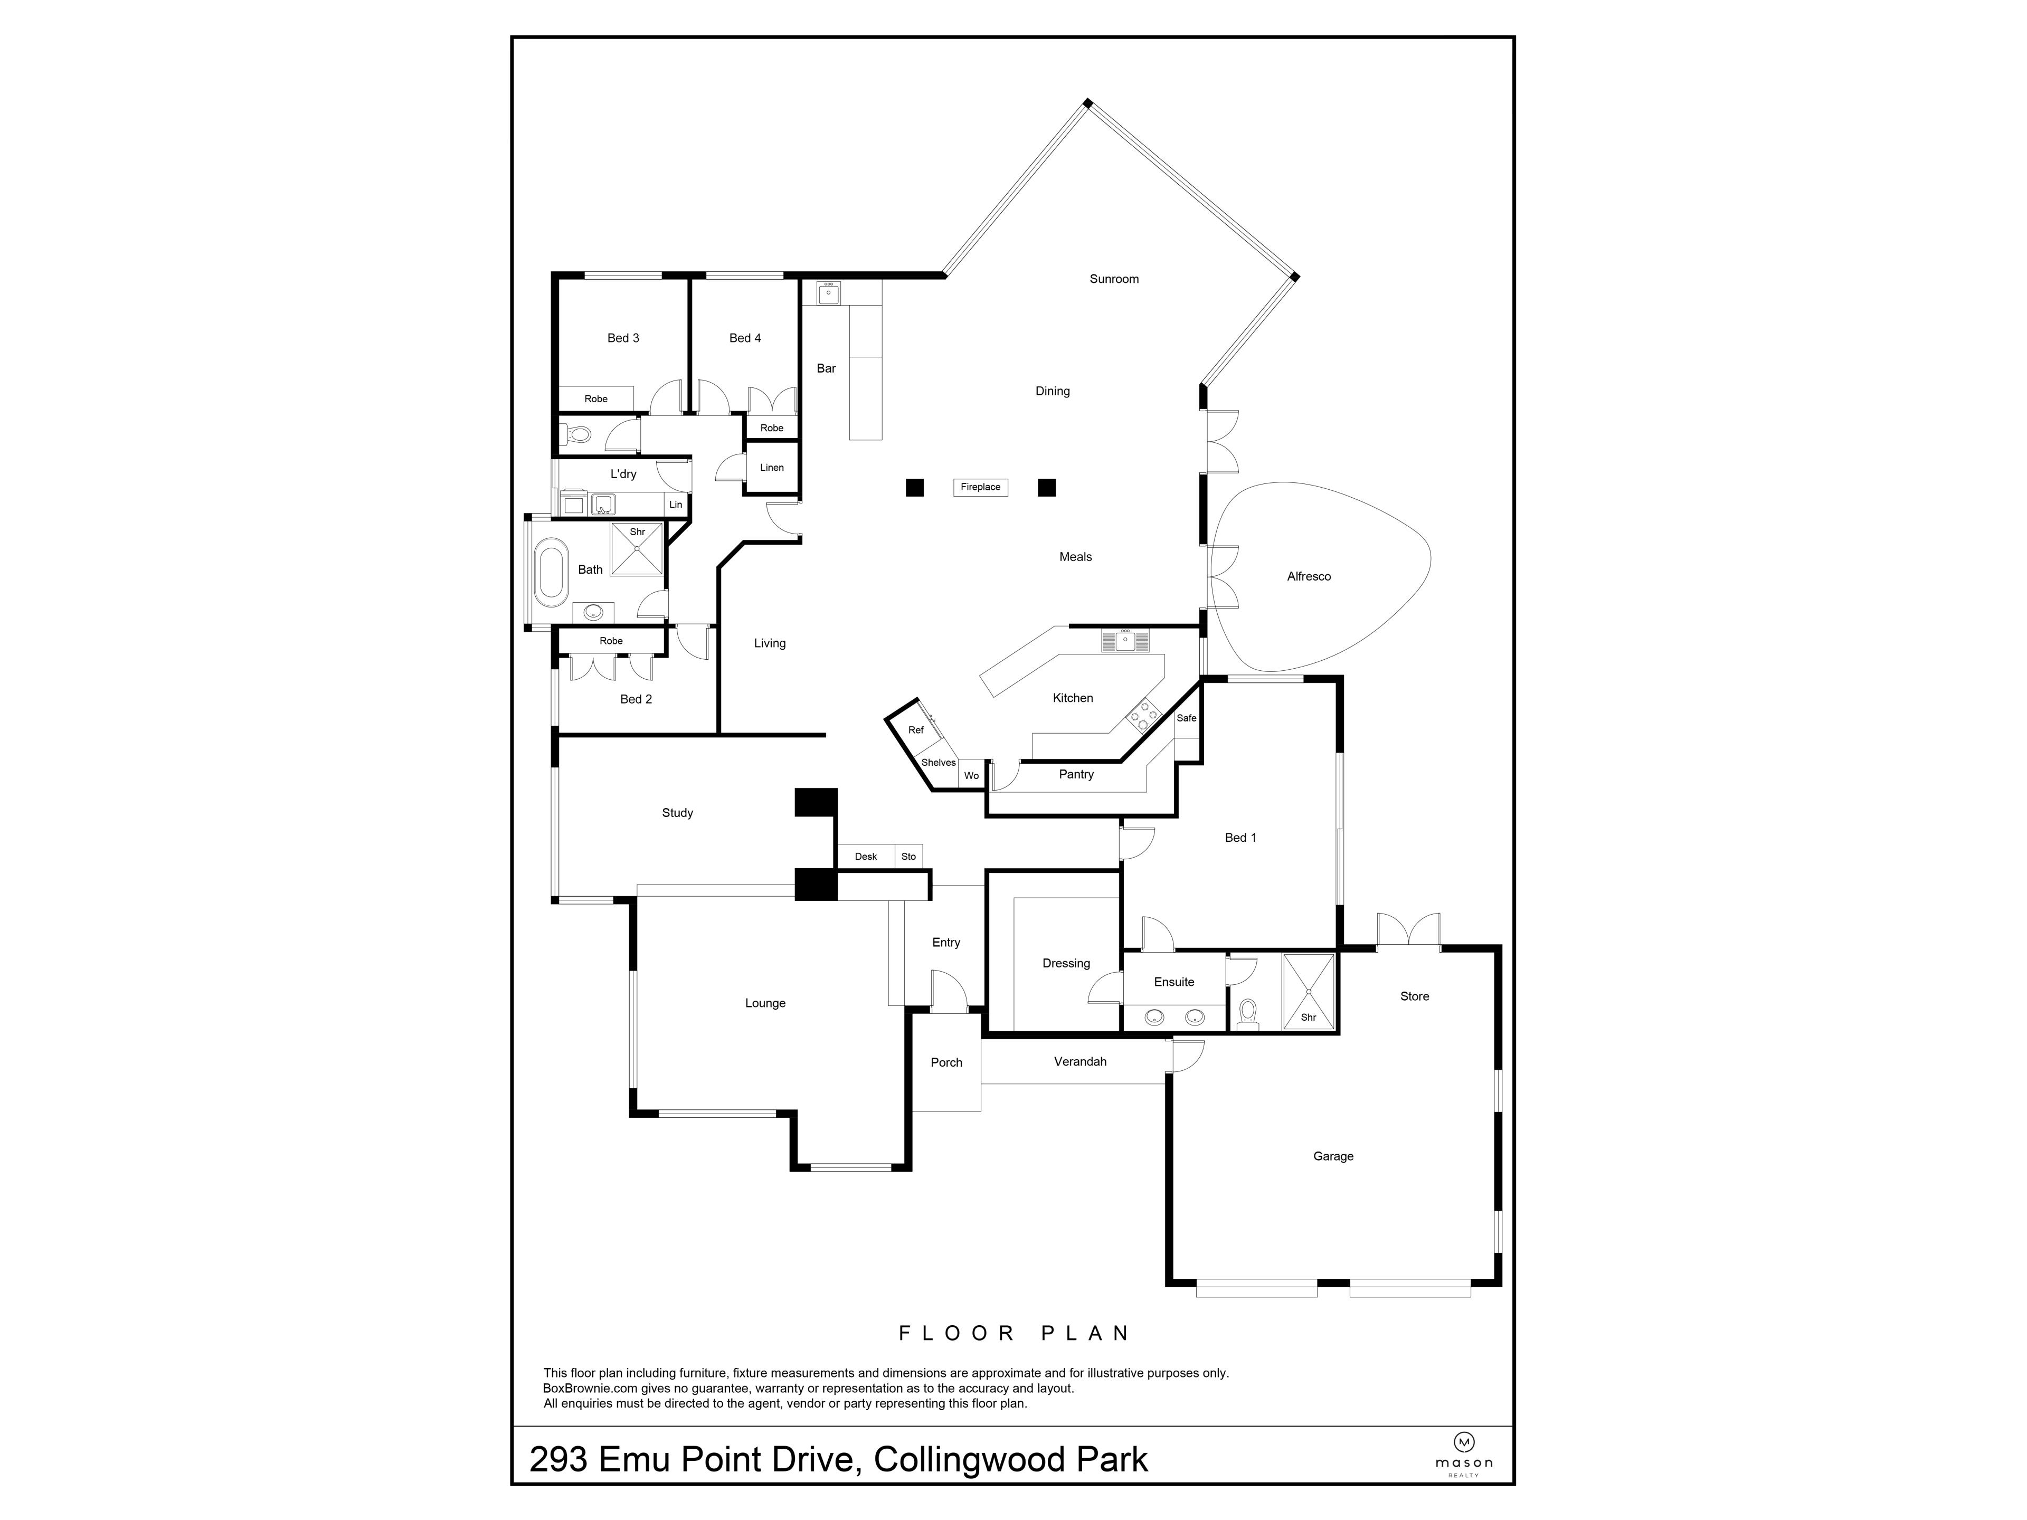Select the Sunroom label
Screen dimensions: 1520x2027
1113,279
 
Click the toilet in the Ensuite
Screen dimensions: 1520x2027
1247,1014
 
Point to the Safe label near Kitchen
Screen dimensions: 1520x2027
1186,718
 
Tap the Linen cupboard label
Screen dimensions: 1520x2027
772,467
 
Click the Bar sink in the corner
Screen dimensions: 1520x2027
828,293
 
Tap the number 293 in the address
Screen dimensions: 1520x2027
558,1459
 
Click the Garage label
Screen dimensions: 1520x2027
1332,1156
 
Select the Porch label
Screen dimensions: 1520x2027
946,1063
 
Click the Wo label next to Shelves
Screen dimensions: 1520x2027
971,776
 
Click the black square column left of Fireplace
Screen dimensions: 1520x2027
914,488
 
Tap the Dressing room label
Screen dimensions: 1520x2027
1066,963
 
